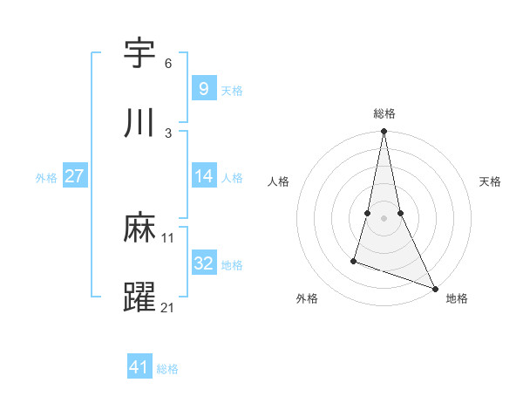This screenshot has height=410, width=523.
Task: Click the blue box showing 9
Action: [203, 88]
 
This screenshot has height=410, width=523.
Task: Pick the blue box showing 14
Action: [203, 176]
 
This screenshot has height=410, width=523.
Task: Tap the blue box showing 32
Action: [203, 263]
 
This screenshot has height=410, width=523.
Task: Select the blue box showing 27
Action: [74, 176]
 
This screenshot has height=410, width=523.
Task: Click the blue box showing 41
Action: [139, 367]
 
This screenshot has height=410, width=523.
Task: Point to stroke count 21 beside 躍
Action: [168, 307]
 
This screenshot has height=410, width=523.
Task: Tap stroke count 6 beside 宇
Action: [168, 64]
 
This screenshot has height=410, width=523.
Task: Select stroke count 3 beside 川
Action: [168, 133]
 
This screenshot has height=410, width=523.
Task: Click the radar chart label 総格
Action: [384, 113]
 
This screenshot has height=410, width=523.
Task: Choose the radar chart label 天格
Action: [490, 181]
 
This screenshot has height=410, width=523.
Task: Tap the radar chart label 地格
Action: [457, 298]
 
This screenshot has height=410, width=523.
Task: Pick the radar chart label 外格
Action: [307, 298]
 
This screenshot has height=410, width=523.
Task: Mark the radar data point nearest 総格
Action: [384, 132]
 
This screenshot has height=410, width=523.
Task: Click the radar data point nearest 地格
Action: [434, 288]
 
